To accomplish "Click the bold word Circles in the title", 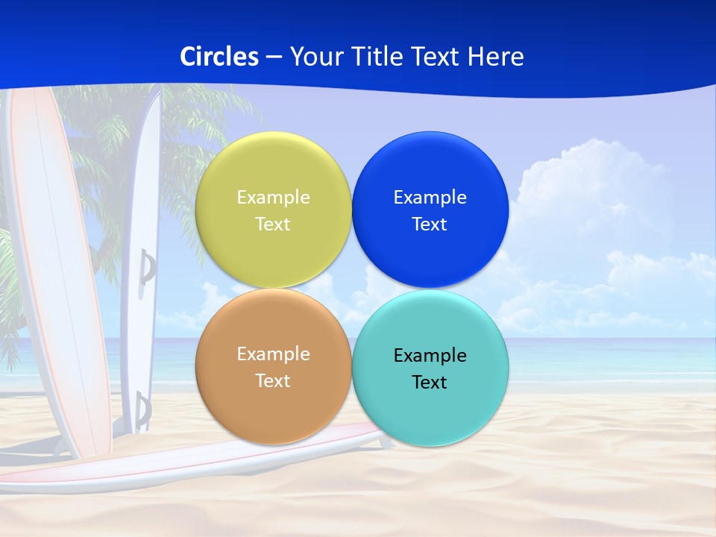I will (x=219, y=57).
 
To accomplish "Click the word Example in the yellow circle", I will (x=273, y=197).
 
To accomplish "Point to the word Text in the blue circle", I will (x=430, y=224).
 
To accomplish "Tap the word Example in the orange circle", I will (x=273, y=354).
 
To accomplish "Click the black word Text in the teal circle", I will (x=430, y=382).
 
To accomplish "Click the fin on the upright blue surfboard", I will (x=148, y=266).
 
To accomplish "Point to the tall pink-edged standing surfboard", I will (x=56, y=261).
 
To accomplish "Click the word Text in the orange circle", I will (x=273, y=380).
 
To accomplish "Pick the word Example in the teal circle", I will (x=430, y=355).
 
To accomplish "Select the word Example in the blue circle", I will (x=430, y=197).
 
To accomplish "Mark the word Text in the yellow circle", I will (x=273, y=224).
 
